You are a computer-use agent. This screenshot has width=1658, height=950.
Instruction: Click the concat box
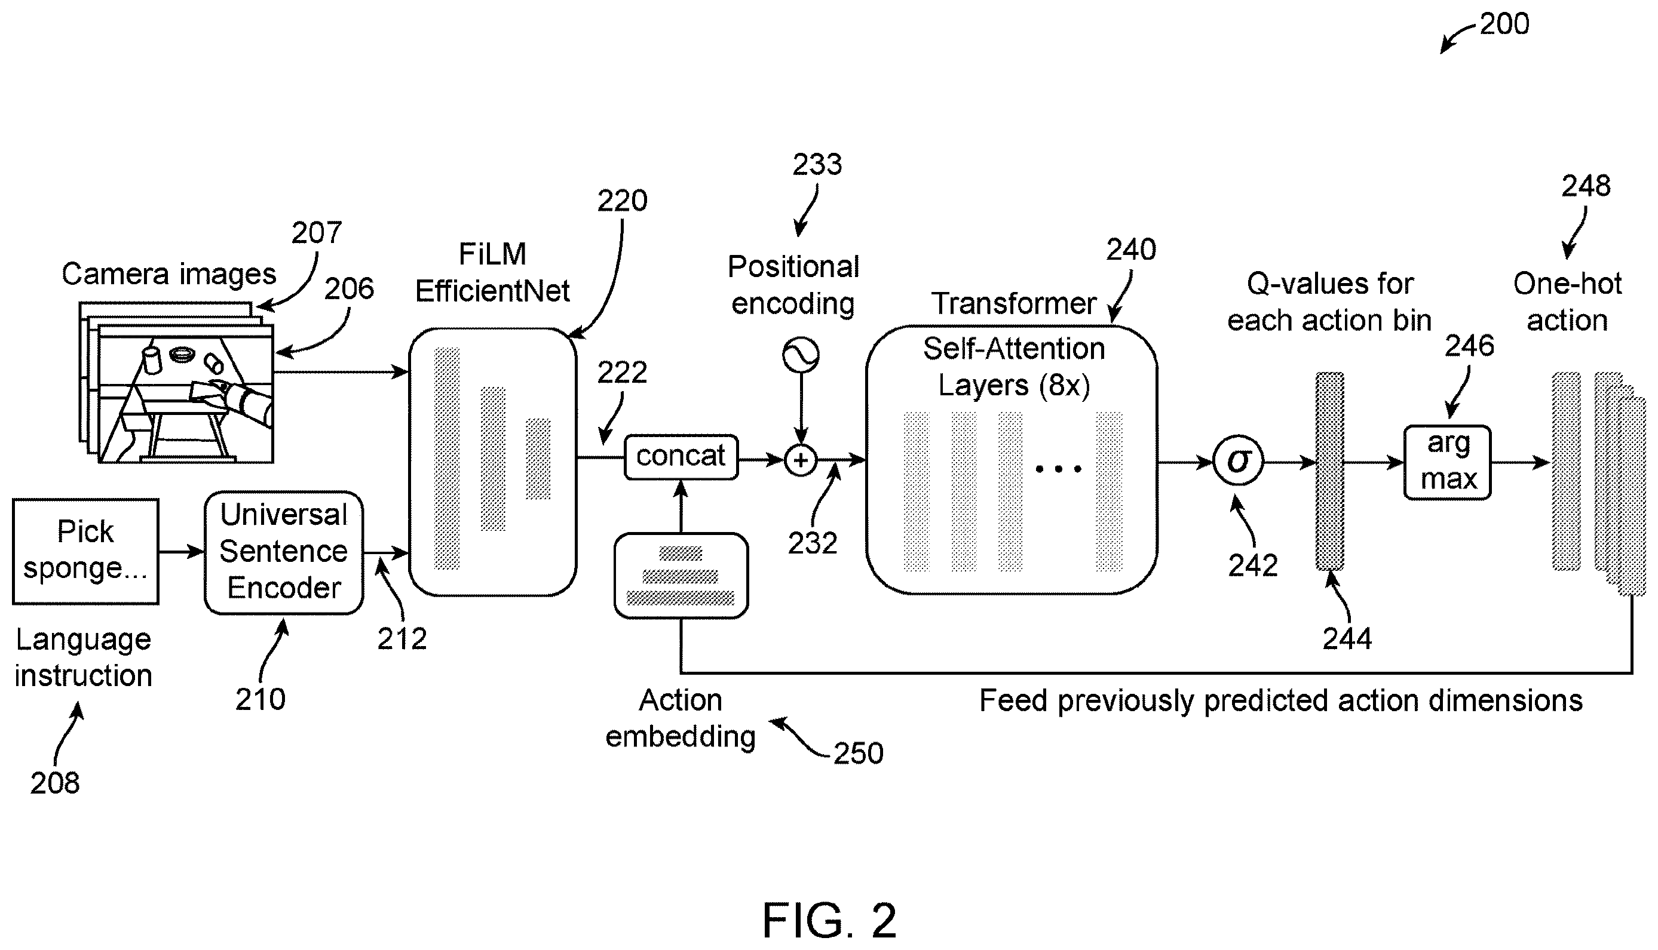click(x=681, y=457)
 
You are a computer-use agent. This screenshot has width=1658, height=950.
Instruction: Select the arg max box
click(x=1447, y=462)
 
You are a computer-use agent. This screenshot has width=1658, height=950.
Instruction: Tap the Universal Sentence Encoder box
click(x=284, y=553)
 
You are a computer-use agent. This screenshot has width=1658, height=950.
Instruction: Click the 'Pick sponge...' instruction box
click(x=85, y=551)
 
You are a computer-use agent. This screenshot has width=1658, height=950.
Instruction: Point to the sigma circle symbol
click(x=1239, y=462)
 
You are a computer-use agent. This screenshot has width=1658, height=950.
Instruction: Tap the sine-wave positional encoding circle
click(x=801, y=355)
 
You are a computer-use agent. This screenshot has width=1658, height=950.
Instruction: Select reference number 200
click(x=1504, y=24)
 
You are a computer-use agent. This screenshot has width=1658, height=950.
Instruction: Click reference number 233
click(x=817, y=164)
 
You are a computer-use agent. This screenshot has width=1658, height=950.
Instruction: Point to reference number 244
click(x=1347, y=639)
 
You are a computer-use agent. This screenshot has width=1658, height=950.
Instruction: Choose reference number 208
click(x=55, y=783)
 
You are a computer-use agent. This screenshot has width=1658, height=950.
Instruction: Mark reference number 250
click(x=859, y=754)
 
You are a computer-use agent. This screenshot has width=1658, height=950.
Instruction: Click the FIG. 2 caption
click(x=829, y=921)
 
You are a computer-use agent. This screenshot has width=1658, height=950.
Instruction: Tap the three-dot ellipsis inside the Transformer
click(x=1058, y=469)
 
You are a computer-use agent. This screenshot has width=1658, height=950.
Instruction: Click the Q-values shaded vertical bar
click(x=1329, y=471)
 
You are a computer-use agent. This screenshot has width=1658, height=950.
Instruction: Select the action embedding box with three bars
click(x=681, y=576)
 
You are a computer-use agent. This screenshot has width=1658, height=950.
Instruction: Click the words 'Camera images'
click(x=169, y=275)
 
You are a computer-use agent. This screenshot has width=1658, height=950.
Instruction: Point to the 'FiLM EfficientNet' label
click(x=492, y=273)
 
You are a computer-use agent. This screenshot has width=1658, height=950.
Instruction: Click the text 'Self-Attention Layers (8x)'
click(x=1013, y=367)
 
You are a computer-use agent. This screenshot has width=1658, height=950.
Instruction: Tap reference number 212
click(x=402, y=639)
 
